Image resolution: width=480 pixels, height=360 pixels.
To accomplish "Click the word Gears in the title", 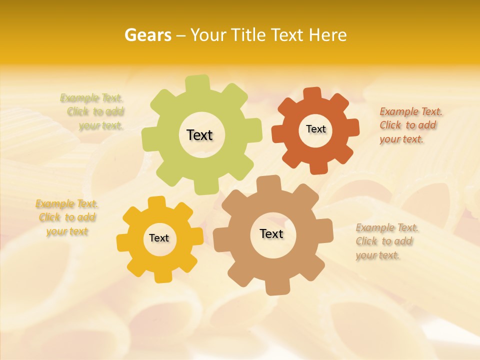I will click(x=147, y=35).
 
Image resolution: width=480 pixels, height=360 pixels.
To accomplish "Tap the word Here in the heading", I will click(x=328, y=35).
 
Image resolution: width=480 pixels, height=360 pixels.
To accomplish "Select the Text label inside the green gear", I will click(x=199, y=135).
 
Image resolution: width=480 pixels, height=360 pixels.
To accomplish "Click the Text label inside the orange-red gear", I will click(x=315, y=129).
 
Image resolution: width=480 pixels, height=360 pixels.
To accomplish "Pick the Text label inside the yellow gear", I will click(x=159, y=238).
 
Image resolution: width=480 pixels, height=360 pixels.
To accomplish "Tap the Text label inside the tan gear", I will click(x=271, y=233).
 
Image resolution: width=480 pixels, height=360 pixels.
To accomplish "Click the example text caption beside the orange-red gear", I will click(x=410, y=125).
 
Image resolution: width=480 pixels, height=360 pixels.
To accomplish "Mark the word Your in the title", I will click(x=211, y=35).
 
